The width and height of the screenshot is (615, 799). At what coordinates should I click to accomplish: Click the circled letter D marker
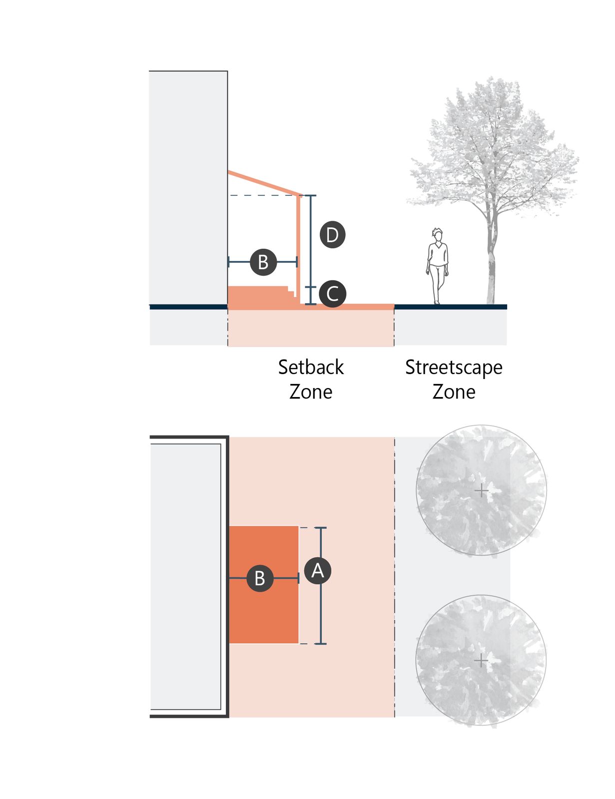pyautogui.click(x=332, y=235)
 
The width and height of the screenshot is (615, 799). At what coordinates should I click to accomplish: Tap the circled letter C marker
pyautogui.click(x=332, y=294)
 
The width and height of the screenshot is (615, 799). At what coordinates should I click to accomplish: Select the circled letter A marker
pyautogui.click(x=318, y=571)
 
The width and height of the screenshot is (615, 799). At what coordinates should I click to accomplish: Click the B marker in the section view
pyautogui.click(x=263, y=262)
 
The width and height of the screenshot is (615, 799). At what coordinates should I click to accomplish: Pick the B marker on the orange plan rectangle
pyautogui.click(x=260, y=578)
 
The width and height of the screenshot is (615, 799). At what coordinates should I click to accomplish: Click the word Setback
pyautogui.click(x=311, y=368)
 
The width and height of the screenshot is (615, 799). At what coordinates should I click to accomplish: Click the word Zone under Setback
pyautogui.click(x=311, y=392)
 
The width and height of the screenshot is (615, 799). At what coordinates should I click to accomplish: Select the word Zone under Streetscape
pyautogui.click(x=454, y=392)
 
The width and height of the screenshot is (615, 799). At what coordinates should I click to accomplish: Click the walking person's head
pyautogui.click(x=437, y=235)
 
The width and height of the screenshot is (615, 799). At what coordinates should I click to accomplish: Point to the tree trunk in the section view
pyautogui.click(x=491, y=265)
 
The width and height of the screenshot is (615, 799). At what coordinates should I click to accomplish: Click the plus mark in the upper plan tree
pyautogui.click(x=481, y=490)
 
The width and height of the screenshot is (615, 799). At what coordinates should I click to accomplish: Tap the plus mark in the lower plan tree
pyautogui.click(x=481, y=661)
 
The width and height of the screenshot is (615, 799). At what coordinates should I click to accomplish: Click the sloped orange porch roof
pyautogui.click(x=264, y=183)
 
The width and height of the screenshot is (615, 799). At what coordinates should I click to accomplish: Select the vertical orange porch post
pyautogui.click(x=299, y=249)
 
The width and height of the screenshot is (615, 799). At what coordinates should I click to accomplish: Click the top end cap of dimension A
pyautogui.click(x=321, y=528)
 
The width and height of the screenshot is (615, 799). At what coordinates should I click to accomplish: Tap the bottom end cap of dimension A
pyautogui.click(x=321, y=644)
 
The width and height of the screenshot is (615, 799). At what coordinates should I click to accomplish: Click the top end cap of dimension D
pyautogui.click(x=311, y=196)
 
